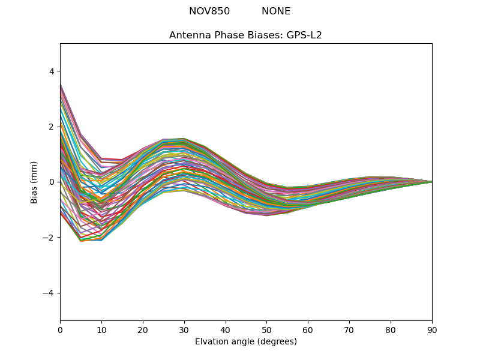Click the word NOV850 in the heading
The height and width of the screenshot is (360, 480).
point(209,11)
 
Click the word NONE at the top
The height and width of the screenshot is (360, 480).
point(276,11)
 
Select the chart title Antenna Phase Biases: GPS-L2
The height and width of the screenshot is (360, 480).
point(245,35)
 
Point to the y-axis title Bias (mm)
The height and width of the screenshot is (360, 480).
point(34,182)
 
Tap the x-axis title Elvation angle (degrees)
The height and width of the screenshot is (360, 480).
point(246,341)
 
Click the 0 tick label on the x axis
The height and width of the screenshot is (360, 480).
point(60,329)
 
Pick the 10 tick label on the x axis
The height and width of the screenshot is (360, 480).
point(101,329)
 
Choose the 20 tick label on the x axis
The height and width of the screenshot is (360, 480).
point(143,329)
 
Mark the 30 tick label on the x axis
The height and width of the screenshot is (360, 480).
point(184,329)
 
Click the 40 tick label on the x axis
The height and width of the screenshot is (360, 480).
point(226,329)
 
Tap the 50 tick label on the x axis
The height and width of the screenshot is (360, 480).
point(266,329)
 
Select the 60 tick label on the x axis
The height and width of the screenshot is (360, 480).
point(308,329)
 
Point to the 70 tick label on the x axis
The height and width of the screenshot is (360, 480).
point(349,329)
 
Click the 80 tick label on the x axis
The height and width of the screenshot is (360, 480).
point(391,329)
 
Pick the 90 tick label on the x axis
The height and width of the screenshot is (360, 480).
point(432,329)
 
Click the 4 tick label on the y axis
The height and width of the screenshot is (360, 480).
point(51,71)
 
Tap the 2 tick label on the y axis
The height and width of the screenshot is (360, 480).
point(51,127)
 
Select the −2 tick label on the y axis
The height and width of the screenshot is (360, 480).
point(49,238)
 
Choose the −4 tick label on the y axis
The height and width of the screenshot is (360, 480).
point(49,293)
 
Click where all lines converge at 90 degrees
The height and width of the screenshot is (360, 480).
point(431,182)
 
